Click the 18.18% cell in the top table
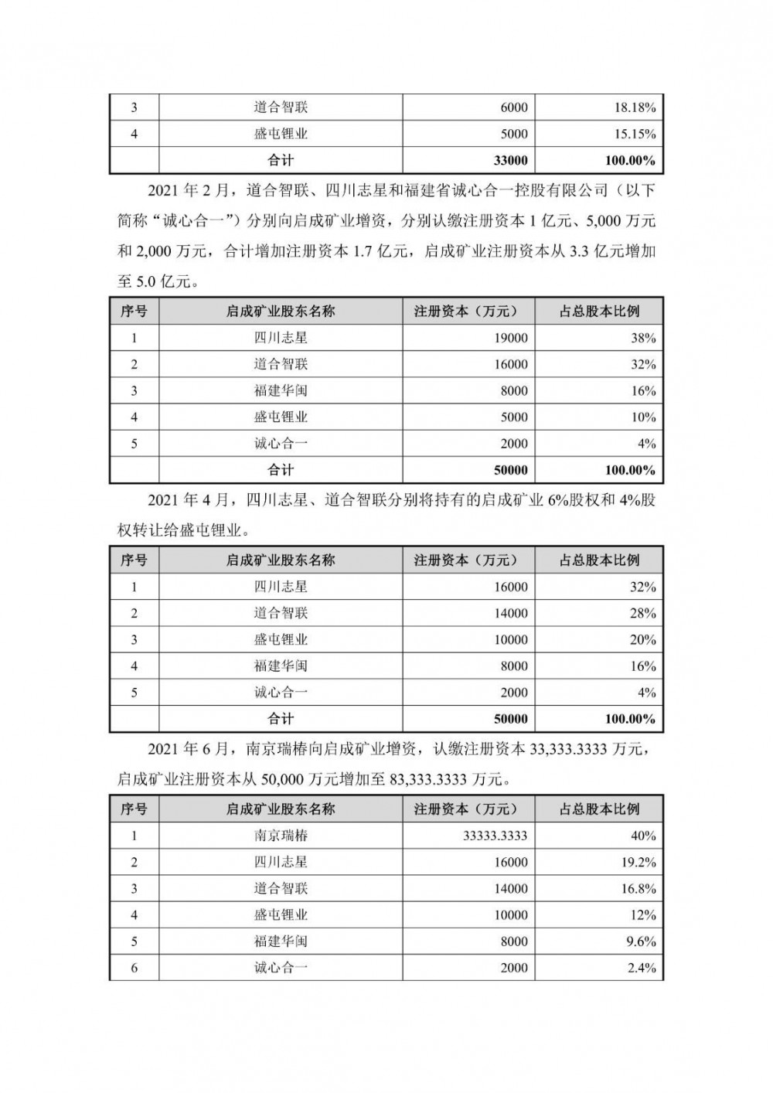point(635,107)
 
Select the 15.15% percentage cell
point(635,134)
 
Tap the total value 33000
point(510,161)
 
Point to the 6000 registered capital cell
point(514,107)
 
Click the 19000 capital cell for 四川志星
point(510,338)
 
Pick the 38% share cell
point(643,338)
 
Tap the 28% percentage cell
point(643,614)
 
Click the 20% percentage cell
point(643,640)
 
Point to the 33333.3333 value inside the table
point(495,836)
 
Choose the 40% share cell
point(643,836)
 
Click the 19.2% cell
point(638,862)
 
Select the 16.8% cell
point(638,889)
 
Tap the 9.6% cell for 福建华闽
point(641,941)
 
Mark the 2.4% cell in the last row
point(641,968)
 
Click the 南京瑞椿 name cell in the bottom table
point(281,836)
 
